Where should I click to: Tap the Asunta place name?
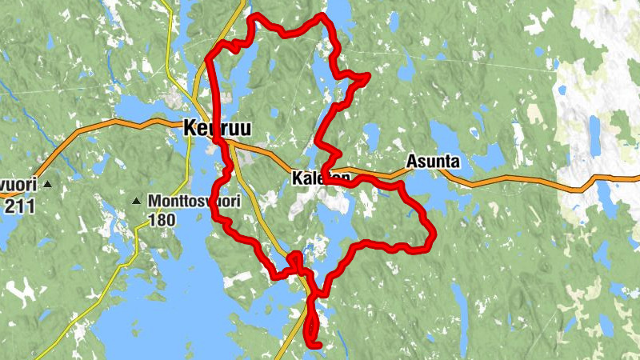pyautogui.click(x=433, y=162)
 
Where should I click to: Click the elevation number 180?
pyautogui.click(x=162, y=218)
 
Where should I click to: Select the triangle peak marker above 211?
pyautogui.click(x=47, y=185)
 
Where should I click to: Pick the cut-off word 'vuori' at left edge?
pyautogui.click(x=17, y=186)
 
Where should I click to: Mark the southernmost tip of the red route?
pyautogui.click(x=315, y=346)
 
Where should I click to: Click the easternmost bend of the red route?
pyautogui.click(x=433, y=234)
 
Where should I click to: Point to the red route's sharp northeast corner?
pyautogui.click(x=368, y=76)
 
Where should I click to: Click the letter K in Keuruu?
pyautogui.click(x=190, y=127)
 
